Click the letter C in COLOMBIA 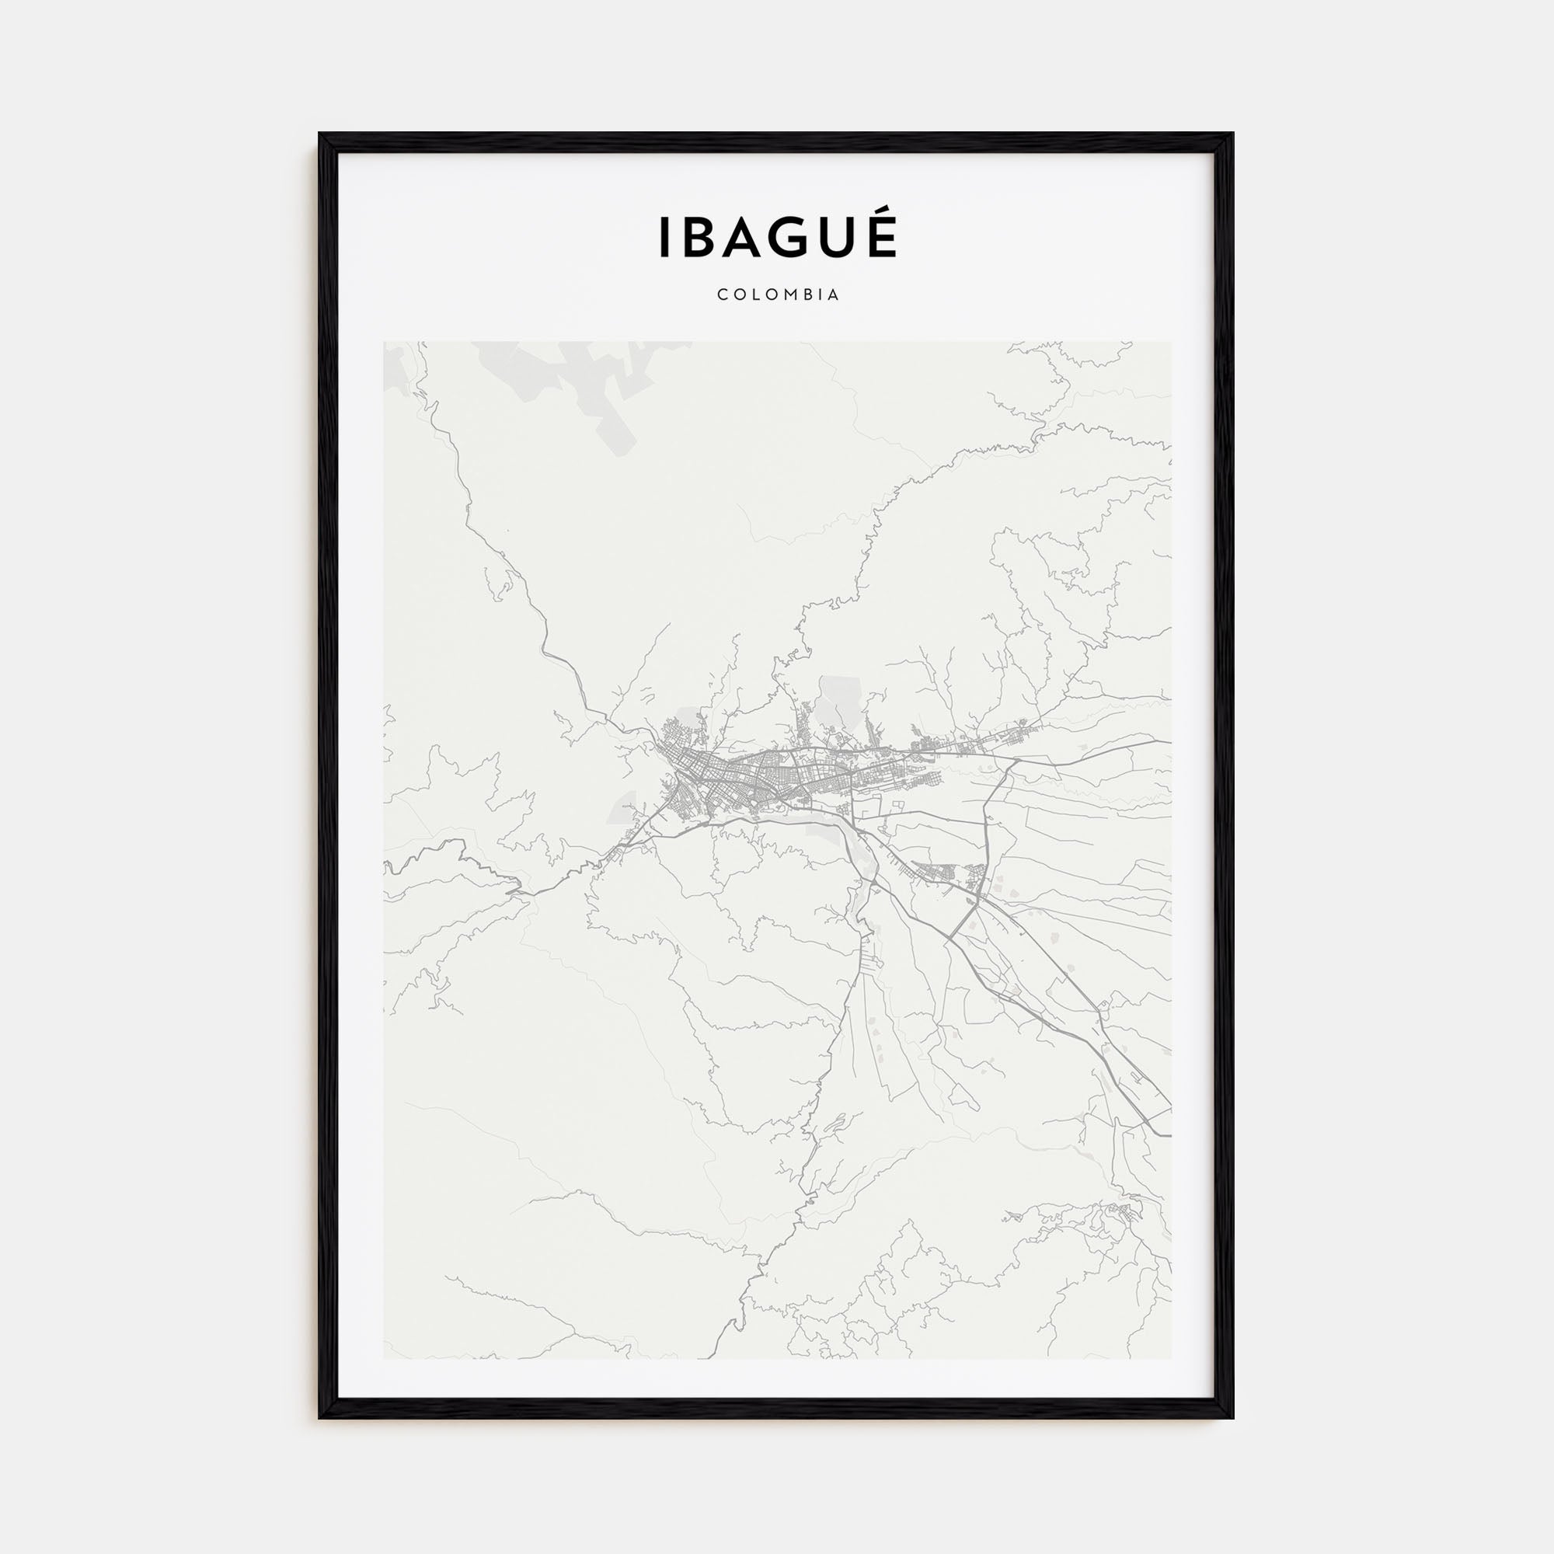click(x=723, y=295)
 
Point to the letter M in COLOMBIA click(x=792, y=295)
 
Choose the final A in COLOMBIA click(x=834, y=295)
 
